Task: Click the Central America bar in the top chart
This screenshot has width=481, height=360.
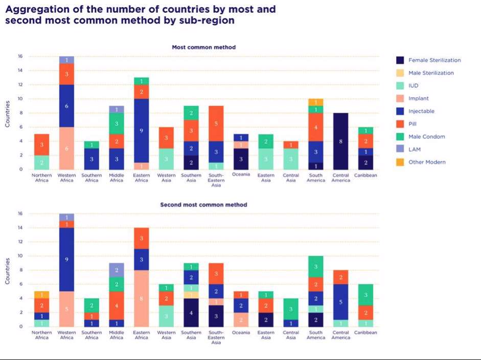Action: pyautogui.click(x=341, y=141)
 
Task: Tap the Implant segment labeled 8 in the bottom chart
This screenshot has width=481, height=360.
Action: pyautogui.click(x=141, y=298)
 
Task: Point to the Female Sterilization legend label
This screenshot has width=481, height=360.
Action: pyautogui.click(x=434, y=60)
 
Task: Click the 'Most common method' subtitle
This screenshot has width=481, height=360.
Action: pyautogui.click(x=203, y=47)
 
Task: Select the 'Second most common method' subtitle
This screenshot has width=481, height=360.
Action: pyautogui.click(x=203, y=205)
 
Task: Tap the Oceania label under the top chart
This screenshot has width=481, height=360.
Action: pyautogui.click(x=241, y=175)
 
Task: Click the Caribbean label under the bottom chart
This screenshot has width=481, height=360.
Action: pyautogui.click(x=365, y=332)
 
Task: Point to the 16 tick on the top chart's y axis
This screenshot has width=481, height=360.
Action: pyautogui.click(x=20, y=56)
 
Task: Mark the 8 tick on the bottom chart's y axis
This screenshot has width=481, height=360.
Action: pyautogui.click(x=20, y=270)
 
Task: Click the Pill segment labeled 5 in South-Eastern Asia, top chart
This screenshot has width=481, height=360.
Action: pyautogui.click(x=216, y=123)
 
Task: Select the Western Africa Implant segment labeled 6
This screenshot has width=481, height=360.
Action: pyautogui.click(x=66, y=148)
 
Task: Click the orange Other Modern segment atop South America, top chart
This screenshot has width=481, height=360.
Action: pyautogui.click(x=316, y=102)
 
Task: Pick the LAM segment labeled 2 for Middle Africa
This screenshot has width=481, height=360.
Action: pyautogui.click(x=117, y=270)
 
